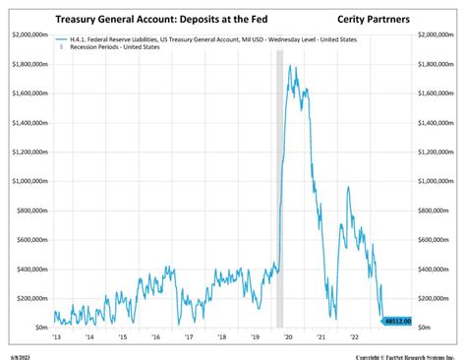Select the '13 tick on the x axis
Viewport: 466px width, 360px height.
(x=56, y=336)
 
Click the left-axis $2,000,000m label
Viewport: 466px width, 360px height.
(x=28, y=34)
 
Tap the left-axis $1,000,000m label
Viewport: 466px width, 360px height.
(x=28, y=181)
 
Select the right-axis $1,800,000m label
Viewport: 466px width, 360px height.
(x=437, y=64)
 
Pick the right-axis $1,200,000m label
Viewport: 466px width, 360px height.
(x=437, y=151)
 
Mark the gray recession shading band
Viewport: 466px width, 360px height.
(x=278, y=197)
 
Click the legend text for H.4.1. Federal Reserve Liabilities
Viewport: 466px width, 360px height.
(x=197, y=39)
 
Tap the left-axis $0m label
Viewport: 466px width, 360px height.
(x=38, y=327)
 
